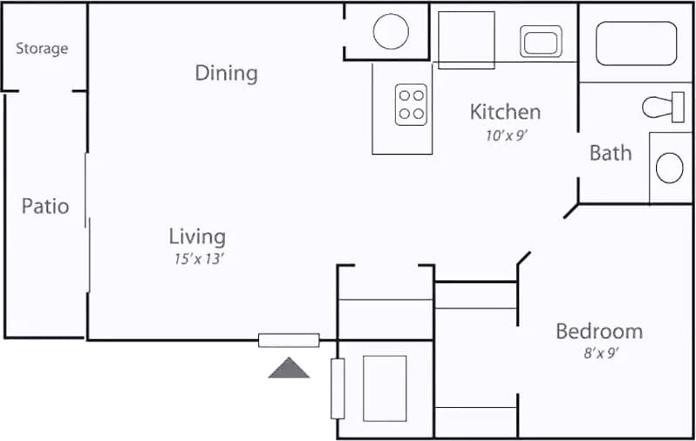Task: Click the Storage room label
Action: pyautogui.click(x=42, y=49)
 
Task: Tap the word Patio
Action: pyautogui.click(x=45, y=207)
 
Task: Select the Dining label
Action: pyautogui.click(x=226, y=72)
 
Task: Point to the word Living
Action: pyautogui.click(x=197, y=236)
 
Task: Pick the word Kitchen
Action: pyautogui.click(x=505, y=112)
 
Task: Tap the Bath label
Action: pyautogui.click(x=611, y=153)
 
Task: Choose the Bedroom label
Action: pyautogui.click(x=599, y=332)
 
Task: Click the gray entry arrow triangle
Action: pyautogui.click(x=289, y=368)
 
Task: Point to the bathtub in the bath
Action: pyautogui.click(x=636, y=43)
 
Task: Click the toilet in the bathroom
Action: pyautogui.click(x=664, y=107)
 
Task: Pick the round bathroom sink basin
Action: pyautogui.click(x=670, y=168)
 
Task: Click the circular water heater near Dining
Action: pyautogui.click(x=391, y=32)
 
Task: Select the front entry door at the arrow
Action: pyautogui.click(x=289, y=341)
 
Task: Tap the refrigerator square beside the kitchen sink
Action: pyautogui.click(x=466, y=39)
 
